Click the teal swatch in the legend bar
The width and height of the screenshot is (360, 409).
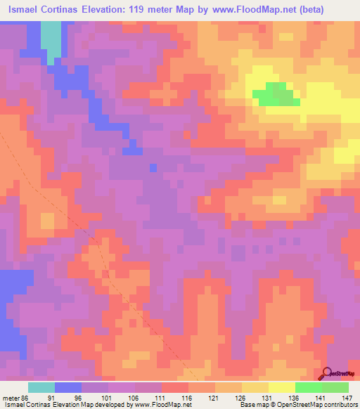(41, 387)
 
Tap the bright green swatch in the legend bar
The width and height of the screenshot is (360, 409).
(308, 387)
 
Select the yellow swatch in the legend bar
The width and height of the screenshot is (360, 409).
(281, 387)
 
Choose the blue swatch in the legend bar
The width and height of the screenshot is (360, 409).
(68, 387)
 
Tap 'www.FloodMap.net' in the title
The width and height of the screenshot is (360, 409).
(270, 11)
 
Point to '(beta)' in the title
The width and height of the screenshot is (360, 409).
(337, 11)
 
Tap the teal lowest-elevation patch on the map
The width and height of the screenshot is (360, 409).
(51, 39)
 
